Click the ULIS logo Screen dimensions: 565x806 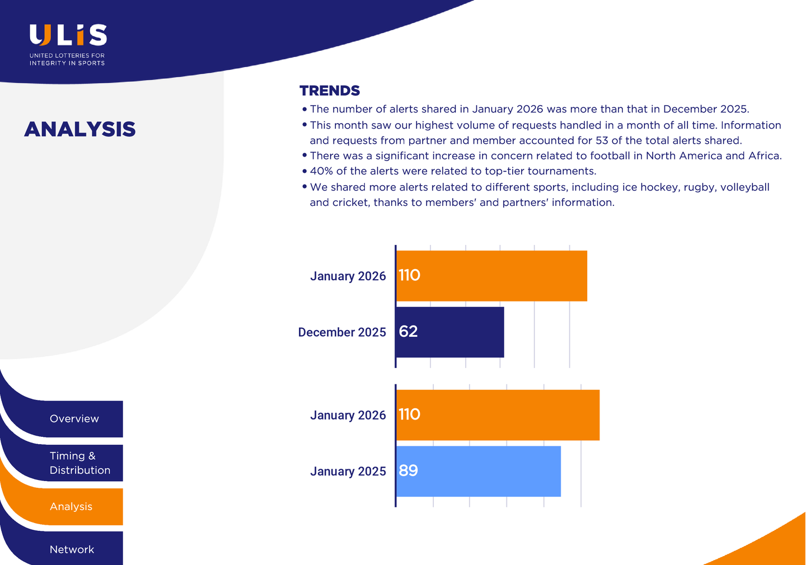pos(68,35)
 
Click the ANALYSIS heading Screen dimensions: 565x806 pos(80,129)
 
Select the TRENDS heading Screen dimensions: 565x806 pos(329,91)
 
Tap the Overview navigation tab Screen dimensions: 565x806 pos(74,419)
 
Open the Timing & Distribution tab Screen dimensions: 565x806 pos(79,463)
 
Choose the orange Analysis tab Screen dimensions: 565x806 pos(71,507)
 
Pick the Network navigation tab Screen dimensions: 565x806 pos(72,549)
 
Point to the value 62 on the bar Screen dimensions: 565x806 pos(408,332)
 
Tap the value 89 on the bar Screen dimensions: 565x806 pos(408,470)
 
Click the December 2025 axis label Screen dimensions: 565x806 pos(342,332)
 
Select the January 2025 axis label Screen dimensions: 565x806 pos(348,472)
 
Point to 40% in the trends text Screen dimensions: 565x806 pos(321,171)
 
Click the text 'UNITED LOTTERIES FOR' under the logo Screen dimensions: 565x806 pos(67,55)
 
